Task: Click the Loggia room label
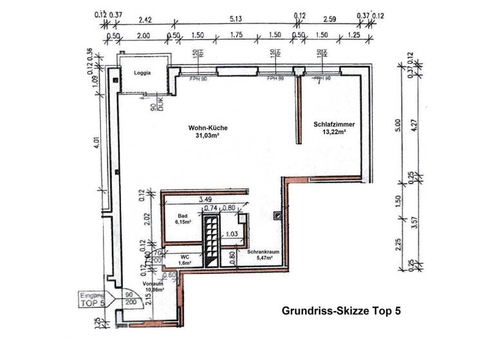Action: [142, 73]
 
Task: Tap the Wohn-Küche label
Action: [207, 128]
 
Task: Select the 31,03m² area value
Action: [208, 136]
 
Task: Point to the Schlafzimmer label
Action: [334, 124]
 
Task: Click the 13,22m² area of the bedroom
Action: [334, 132]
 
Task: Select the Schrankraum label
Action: [261, 252]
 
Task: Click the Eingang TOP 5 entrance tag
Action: [93, 297]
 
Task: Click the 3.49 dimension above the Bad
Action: [205, 200]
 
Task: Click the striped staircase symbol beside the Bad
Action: [212, 240]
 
